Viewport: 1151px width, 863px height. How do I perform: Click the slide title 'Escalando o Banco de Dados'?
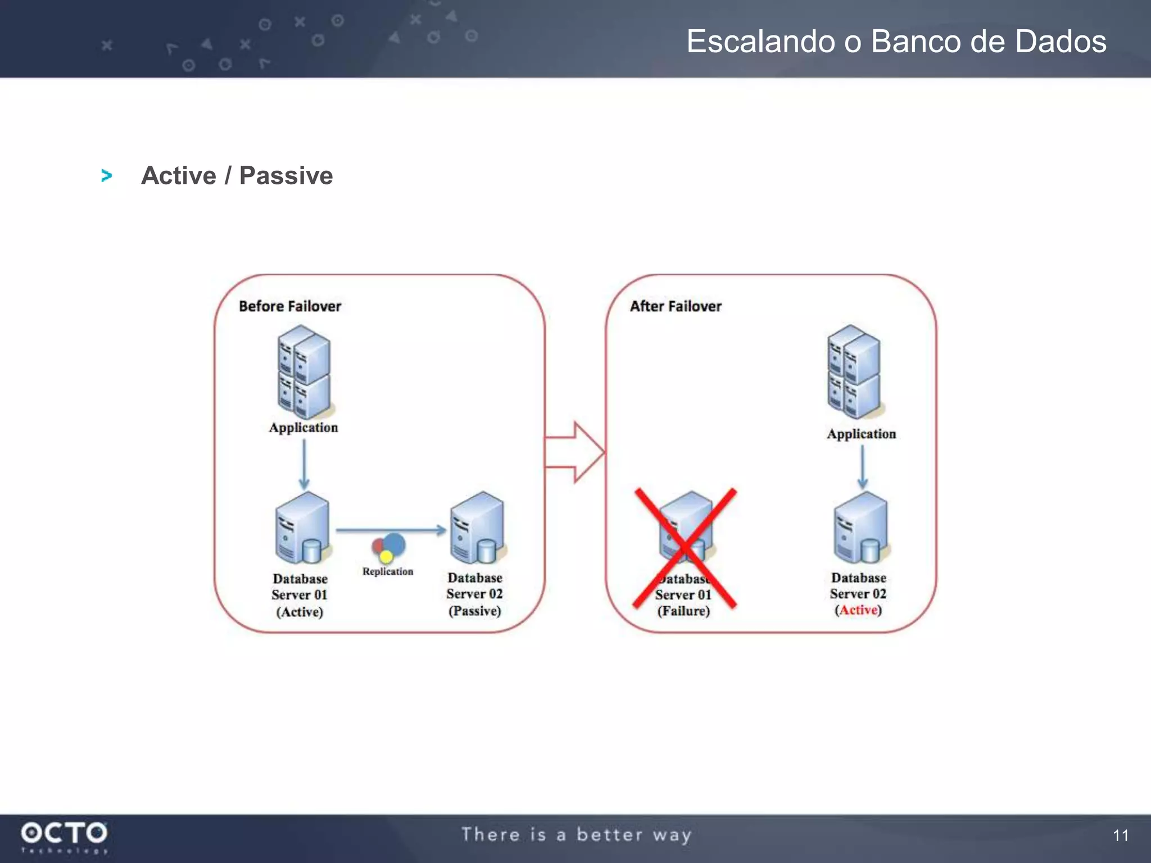[x=896, y=42]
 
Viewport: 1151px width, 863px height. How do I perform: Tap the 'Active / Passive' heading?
[x=237, y=176]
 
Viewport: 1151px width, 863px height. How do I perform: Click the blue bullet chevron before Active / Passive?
[x=106, y=176]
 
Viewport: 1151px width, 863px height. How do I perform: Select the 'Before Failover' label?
[x=289, y=306]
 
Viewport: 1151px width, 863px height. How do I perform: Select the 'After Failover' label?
[x=675, y=306]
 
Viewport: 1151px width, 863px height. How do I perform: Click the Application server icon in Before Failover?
[x=304, y=371]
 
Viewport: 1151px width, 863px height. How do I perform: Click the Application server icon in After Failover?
[x=854, y=371]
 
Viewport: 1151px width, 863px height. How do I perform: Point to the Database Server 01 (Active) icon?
[x=302, y=528]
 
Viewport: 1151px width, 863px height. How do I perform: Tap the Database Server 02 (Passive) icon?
[x=477, y=528]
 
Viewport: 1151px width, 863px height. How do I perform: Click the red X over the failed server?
[x=685, y=548]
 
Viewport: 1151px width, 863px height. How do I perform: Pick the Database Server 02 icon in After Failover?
[x=860, y=528]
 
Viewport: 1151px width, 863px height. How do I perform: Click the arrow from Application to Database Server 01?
[x=304, y=464]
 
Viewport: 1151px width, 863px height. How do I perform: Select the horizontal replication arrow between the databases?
[x=391, y=530]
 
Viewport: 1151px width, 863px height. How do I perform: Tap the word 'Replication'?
[x=387, y=571]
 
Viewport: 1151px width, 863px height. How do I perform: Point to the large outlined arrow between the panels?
[x=575, y=452]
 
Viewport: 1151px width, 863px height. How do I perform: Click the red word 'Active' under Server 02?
[x=858, y=610]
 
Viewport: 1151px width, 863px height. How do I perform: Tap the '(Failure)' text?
[x=683, y=611]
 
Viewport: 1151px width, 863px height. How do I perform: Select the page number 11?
[x=1120, y=835]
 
